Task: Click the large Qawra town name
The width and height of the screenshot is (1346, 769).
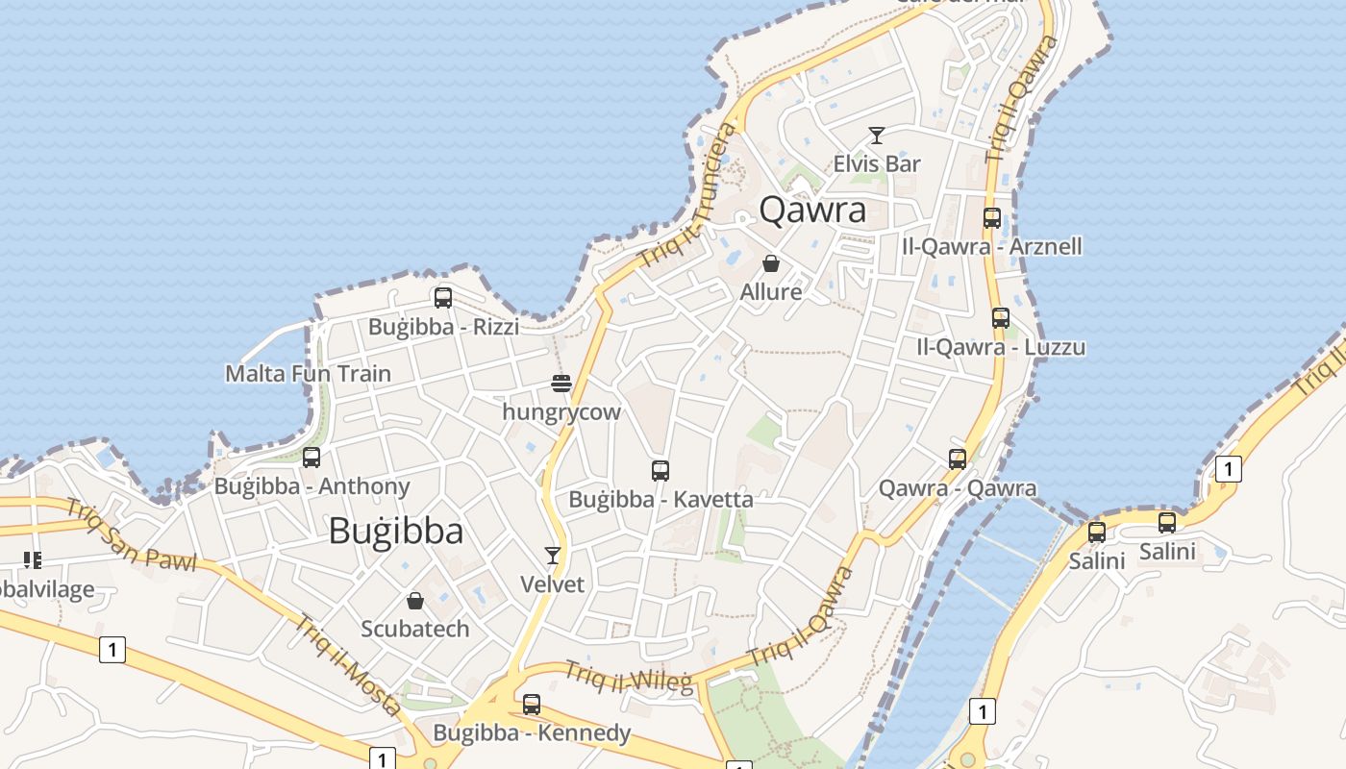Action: [x=812, y=210]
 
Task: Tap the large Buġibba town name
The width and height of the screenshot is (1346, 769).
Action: [x=396, y=531]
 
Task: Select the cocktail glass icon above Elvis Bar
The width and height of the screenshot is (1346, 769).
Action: [x=876, y=136]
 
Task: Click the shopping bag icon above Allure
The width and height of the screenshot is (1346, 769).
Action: [x=771, y=262]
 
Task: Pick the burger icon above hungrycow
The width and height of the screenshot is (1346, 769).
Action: [x=561, y=384]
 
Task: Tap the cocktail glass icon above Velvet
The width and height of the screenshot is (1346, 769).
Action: [x=553, y=555]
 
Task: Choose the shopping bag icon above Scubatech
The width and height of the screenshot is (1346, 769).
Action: [x=415, y=601]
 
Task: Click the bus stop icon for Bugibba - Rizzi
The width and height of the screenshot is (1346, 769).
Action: [x=442, y=298]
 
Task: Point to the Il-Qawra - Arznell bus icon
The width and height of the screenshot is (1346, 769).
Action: [x=992, y=218]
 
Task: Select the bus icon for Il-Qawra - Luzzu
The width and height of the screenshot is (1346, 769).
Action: [x=1001, y=318]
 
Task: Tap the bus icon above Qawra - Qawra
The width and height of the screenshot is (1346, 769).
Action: [x=958, y=459]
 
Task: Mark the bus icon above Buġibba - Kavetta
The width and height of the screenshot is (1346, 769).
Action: [x=661, y=471]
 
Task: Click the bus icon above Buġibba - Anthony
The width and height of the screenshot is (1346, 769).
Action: [x=312, y=458]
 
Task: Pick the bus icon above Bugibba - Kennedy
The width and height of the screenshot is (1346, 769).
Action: [x=532, y=705]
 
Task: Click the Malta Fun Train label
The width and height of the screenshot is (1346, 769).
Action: [x=308, y=373]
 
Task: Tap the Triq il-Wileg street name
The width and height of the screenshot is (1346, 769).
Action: [x=628, y=677]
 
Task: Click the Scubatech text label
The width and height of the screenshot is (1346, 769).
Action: [x=415, y=629]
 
